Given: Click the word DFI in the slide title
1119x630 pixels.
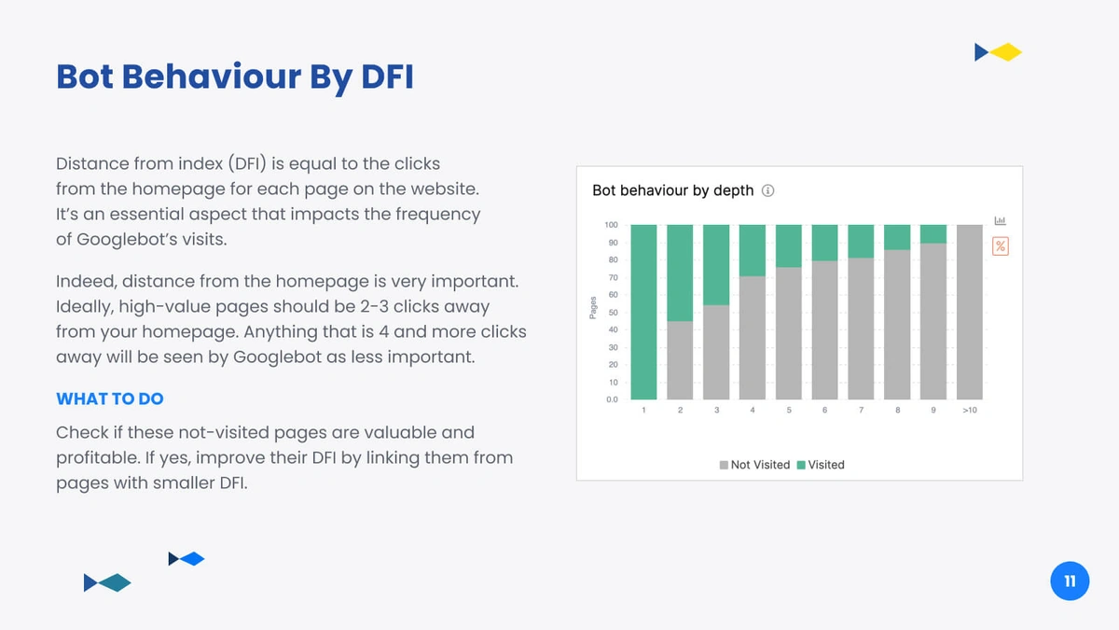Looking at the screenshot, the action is [387, 77].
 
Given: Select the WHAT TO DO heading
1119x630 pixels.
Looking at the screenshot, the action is [110, 399].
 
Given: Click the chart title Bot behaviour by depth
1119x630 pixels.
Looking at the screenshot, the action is [673, 190].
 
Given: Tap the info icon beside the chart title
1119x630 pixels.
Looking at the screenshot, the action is [767, 190].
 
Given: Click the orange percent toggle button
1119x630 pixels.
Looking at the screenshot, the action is [1000, 246].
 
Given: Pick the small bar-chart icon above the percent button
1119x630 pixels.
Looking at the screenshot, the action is [1000, 220].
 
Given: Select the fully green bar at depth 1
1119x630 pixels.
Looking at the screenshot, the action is [643, 312].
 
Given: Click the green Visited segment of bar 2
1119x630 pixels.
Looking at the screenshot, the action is [680, 273].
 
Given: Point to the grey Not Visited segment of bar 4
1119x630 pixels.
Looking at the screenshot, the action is [753, 338].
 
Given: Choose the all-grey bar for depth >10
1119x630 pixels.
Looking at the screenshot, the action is [970, 312].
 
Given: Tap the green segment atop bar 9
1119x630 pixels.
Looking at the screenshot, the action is [933, 234].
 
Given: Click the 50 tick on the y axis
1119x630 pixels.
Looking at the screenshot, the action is [613, 313].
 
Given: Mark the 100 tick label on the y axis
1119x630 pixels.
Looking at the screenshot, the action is [611, 225].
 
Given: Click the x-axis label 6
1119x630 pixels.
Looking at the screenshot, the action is [824, 410].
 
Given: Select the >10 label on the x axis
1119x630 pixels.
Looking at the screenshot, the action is [970, 410].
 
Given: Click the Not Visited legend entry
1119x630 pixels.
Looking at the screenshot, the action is [754, 465].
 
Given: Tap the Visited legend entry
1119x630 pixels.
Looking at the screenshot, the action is [821, 465].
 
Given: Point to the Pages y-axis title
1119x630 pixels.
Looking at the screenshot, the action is [593, 307].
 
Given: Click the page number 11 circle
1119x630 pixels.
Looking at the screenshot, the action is [1070, 581].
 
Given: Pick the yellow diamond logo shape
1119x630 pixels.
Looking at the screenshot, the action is [1006, 52].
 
